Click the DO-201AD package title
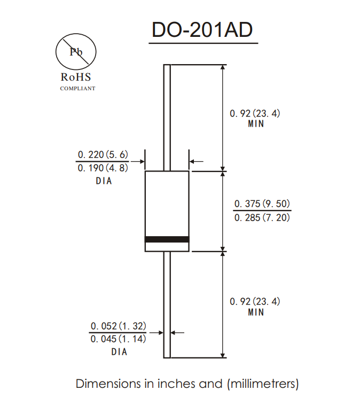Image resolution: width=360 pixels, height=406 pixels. point(204,30)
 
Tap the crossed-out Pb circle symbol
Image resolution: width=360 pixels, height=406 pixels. point(76,52)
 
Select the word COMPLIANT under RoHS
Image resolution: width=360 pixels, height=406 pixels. point(77,88)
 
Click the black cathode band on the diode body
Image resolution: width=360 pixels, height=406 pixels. point(167,239)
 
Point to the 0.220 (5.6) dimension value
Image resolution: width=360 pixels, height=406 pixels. point(103,154)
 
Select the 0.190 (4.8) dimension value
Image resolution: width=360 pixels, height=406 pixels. point(103,168)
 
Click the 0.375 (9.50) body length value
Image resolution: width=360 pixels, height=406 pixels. point(262,204)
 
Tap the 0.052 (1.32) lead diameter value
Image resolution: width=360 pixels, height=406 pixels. point(118,326)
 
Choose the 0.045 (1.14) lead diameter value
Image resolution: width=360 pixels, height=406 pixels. point(118,339)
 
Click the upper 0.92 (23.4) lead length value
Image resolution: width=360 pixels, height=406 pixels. point(255,113)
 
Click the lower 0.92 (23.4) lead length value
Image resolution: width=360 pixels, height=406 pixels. point(255,301)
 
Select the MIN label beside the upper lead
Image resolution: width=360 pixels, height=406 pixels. point(256,124)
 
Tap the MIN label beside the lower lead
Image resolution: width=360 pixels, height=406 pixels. point(256,312)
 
